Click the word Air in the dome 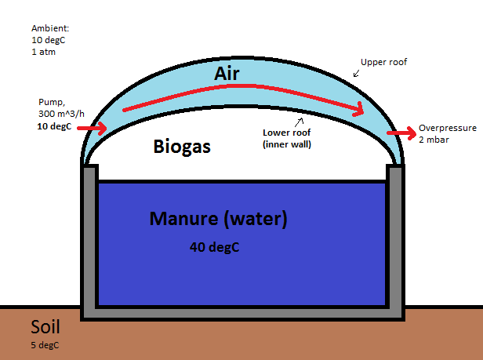click(227, 74)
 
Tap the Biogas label click(182, 146)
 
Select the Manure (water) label click(219, 219)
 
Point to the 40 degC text click(214, 247)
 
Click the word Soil click(45, 327)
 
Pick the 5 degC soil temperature click(45, 345)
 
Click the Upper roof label click(383, 61)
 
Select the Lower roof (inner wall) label click(286, 138)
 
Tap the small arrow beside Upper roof click(357, 73)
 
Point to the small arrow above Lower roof click(299, 122)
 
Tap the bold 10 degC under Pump click(53, 126)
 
